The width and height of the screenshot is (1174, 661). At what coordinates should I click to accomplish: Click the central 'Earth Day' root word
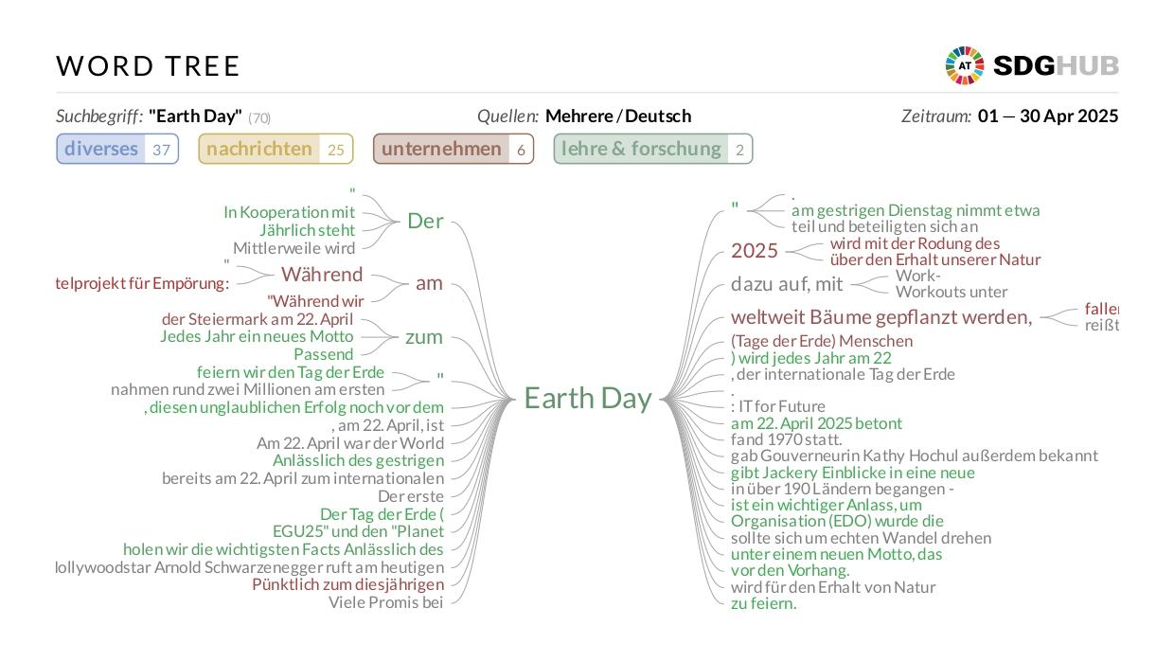pos(588,398)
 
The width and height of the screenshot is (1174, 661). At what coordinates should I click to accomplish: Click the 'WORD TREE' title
pos(148,66)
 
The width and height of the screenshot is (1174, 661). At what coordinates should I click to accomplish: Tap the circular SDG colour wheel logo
pos(965,65)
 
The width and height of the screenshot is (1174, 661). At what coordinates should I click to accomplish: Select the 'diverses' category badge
pos(117,149)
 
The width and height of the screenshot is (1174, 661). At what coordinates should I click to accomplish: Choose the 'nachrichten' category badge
pos(276,149)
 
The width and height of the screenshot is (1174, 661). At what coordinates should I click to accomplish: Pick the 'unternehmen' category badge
pos(454,149)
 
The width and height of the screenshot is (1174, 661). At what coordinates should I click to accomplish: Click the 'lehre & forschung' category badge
pos(653,149)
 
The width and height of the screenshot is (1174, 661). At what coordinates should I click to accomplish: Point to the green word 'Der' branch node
pos(425,221)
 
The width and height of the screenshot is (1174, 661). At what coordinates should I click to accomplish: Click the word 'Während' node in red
pos(322,274)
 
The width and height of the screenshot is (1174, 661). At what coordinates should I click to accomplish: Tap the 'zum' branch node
pos(424,337)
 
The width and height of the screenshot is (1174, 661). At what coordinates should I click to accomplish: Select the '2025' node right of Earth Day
pos(755,251)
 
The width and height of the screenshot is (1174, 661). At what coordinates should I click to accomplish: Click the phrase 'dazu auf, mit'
pos(787,284)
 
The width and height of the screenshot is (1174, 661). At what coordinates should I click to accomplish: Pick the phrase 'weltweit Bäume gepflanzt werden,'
pos(881,317)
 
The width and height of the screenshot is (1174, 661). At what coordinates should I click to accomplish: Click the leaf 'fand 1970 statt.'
pos(786,439)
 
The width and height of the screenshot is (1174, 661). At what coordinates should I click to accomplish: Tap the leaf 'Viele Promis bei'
pos(385,602)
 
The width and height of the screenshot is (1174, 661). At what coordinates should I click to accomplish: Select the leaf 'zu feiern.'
pos(764,603)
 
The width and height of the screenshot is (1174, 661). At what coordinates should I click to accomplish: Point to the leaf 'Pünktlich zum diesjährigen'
pos(347,584)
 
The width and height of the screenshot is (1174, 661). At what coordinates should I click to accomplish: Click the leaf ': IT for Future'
pos(778,406)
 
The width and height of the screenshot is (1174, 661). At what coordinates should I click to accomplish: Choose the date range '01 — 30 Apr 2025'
pos(1048,116)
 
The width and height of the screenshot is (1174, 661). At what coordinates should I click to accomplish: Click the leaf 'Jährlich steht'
pos(307,230)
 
